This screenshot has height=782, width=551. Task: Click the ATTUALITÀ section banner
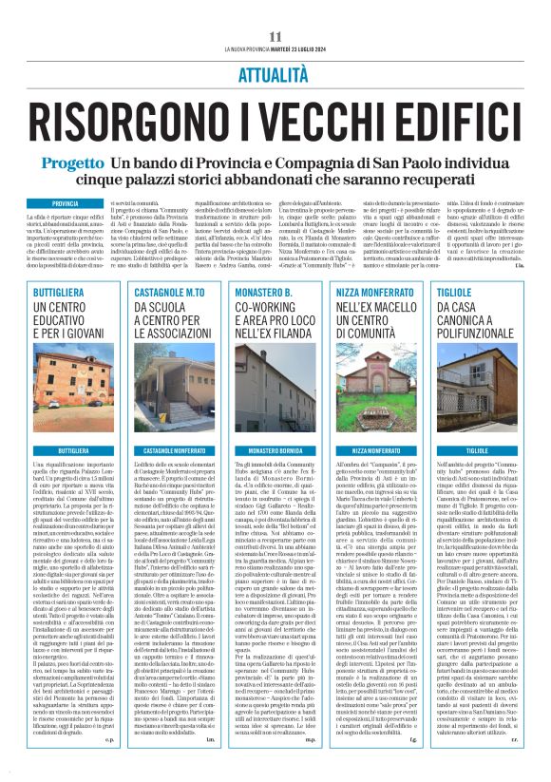[x=275, y=72]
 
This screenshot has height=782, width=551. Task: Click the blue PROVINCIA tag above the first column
[x=66, y=203]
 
